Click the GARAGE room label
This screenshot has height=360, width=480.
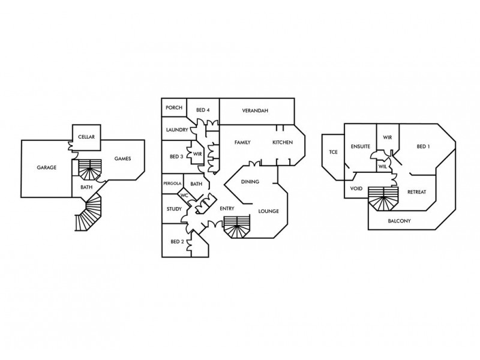point(47,167)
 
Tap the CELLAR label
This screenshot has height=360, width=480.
point(86,137)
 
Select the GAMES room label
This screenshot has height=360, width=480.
point(123,158)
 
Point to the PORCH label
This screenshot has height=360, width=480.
point(174,108)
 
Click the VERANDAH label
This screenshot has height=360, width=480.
point(255,111)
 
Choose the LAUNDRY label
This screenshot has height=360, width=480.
point(177,130)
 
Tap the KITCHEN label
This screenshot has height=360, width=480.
point(283,142)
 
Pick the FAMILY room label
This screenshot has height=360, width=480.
point(242,142)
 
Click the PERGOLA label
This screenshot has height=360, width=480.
point(172,184)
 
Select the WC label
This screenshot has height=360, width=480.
point(184,196)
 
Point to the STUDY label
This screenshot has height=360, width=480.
point(174,209)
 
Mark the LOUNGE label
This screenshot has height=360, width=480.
point(268,211)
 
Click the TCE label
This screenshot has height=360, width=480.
point(334,152)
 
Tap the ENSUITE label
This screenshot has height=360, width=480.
point(361,146)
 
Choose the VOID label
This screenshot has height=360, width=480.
point(356,188)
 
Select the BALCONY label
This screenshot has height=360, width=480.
point(399,221)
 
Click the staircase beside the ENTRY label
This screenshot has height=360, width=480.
point(236,227)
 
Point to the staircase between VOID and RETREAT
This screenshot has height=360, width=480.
point(383,199)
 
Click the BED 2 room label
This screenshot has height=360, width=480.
point(177,242)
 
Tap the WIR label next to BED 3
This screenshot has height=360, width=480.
point(197,154)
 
